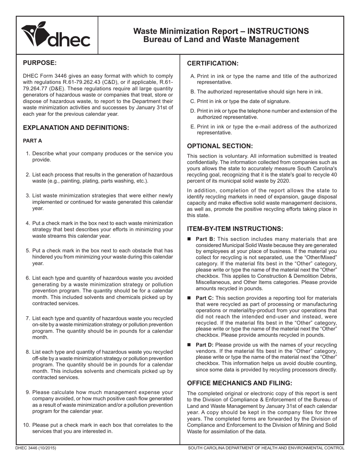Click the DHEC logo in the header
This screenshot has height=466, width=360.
tap(56, 35)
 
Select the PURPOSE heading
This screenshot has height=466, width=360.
tap(40, 63)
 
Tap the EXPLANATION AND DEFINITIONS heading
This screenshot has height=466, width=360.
tap(76, 128)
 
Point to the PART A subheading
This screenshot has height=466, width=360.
tap(32, 141)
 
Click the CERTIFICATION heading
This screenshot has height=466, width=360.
tap(213, 63)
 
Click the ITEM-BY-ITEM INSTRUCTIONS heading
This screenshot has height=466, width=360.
tap(235, 229)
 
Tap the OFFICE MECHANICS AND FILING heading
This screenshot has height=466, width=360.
tap(239, 383)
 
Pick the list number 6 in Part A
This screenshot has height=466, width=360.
tap(28, 278)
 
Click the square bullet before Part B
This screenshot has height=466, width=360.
tap(190, 239)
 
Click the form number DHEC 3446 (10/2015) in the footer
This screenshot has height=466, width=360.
tap(36, 448)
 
